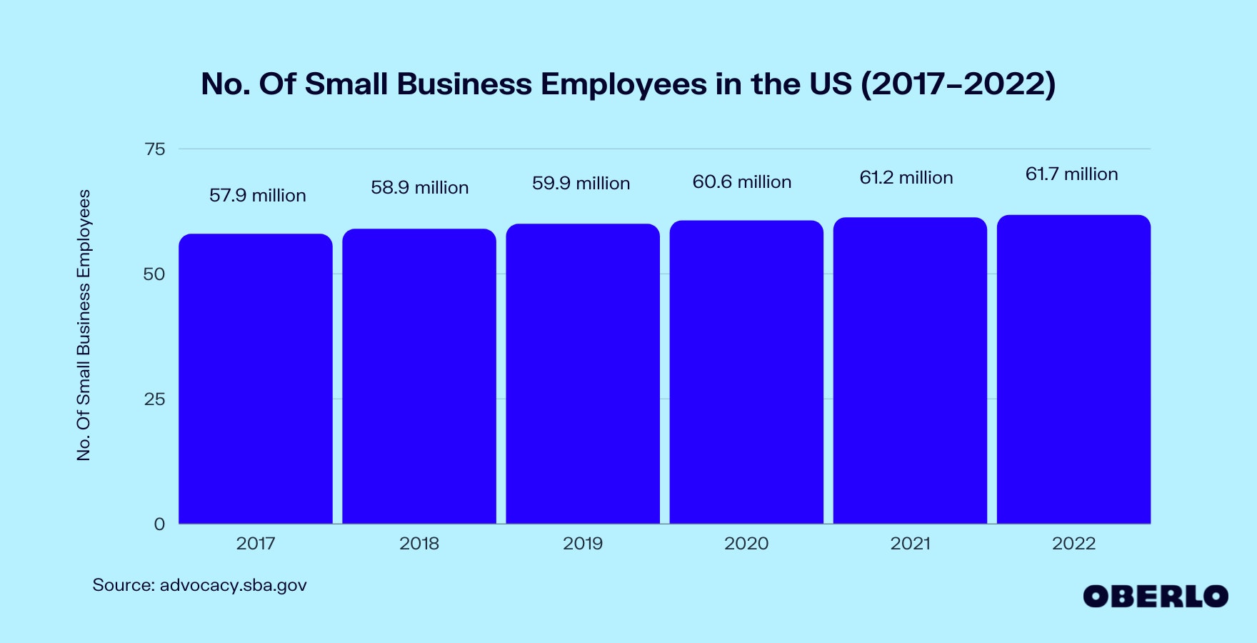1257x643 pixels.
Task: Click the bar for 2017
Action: [x=256, y=379]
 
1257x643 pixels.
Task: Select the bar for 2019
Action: [x=583, y=374]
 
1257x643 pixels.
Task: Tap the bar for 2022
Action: [x=1073, y=369]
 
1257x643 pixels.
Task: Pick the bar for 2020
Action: [x=746, y=372]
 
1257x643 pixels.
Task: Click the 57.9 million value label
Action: [x=257, y=196]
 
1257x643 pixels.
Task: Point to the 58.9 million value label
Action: [x=419, y=188]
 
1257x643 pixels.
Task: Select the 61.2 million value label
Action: [x=906, y=178]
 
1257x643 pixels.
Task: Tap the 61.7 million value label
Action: [x=1071, y=174]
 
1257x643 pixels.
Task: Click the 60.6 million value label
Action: [x=741, y=182]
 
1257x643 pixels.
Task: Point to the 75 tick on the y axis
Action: [x=154, y=149]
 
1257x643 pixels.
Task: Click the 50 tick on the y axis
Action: [x=154, y=274]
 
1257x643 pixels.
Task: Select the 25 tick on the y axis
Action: [x=154, y=399]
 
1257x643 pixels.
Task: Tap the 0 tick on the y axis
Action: [x=159, y=524]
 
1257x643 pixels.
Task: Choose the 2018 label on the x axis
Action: [x=419, y=544]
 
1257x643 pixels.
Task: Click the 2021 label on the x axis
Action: [x=910, y=544]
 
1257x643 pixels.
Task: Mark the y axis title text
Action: [x=84, y=325]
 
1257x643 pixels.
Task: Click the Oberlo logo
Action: [x=1155, y=597]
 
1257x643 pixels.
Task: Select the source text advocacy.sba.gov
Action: [x=233, y=585]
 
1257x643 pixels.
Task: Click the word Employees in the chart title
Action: [x=624, y=84]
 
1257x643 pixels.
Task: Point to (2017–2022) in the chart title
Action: [x=958, y=84]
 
